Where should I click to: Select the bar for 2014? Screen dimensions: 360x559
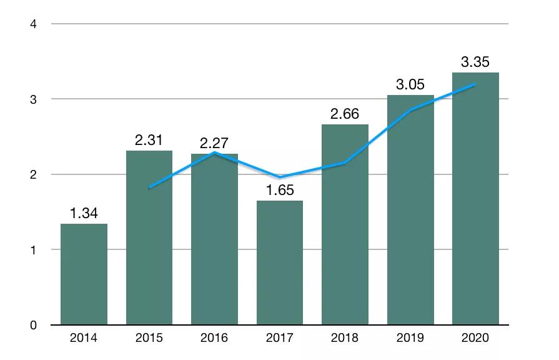coord(84,274)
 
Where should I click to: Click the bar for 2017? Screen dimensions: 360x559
coord(280,262)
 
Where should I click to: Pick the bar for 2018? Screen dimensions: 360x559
coord(345,225)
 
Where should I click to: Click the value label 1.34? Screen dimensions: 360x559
coord(84,214)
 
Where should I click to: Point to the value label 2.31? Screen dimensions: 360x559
coord(149,141)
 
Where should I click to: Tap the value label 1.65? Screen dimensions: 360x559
coord(280,191)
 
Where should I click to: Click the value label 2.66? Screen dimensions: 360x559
coord(345,114)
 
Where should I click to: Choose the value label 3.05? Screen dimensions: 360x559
coord(410,85)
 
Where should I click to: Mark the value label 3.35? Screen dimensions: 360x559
coord(476,62)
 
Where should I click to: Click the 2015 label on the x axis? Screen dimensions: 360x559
coord(149,338)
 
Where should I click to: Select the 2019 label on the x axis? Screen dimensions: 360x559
coord(410,338)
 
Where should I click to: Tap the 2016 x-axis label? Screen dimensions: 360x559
coord(214,338)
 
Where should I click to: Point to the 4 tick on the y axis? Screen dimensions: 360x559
coord(34,24)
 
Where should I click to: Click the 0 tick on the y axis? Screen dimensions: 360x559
coord(34,325)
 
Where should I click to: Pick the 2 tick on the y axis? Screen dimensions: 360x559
coord(34,174)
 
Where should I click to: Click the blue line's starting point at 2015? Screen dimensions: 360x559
coord(149,187)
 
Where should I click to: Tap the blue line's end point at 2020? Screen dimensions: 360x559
coord(476,84)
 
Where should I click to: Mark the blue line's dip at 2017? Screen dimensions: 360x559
coord(280,177)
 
